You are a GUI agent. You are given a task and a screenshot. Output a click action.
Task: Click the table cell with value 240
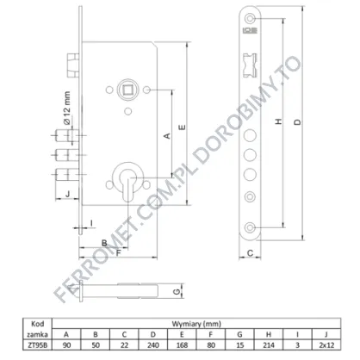click(x=153, y=344)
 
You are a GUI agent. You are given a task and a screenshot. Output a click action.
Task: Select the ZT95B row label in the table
click(x=38, y=344)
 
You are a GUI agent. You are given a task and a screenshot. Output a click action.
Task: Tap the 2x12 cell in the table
click(x=326, y=344)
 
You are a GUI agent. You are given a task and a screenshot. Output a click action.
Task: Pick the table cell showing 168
click(x=182, y=344)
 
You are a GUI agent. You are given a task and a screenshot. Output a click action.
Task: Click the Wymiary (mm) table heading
click(x=196, y=324)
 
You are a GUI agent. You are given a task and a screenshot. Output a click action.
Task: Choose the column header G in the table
click(x=239, y=334)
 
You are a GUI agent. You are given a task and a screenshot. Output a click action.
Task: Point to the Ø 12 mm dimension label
click(x=66, y=108)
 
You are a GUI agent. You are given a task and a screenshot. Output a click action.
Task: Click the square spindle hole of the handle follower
click(x=127, y=90)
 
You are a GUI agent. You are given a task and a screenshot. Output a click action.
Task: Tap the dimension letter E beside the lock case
click(x=182, y=127)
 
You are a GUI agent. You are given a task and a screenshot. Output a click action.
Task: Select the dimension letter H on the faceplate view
click(x=278, y=121)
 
